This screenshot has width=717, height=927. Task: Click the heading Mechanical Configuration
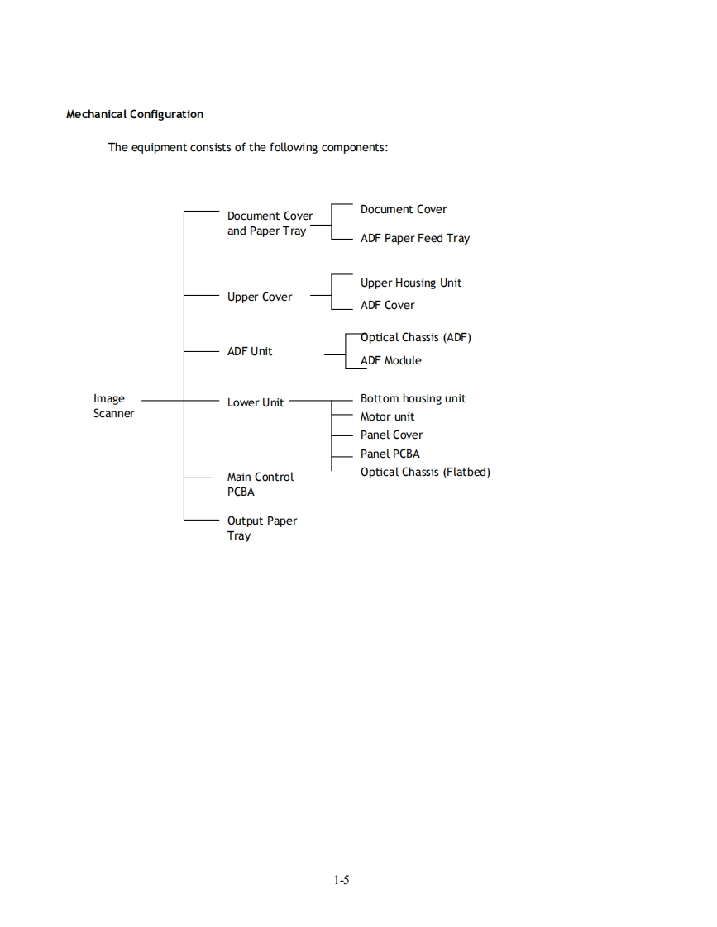[135, 114]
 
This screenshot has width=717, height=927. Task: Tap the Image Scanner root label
[113, 406]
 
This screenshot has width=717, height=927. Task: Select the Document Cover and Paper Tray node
[270, 223]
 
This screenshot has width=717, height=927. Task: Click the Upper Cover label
[260, 297]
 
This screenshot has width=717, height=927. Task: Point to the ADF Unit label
[250, 351]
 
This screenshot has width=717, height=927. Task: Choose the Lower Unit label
[256, 402]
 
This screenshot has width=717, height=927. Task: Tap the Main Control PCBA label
[260, 484]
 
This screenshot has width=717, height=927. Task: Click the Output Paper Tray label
[261, 528]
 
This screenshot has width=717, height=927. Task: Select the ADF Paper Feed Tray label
[414, 238]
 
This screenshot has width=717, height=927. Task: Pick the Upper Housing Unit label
[411, 283]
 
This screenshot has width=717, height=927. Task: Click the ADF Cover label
[387, 305]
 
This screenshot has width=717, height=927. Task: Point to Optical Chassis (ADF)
[415, 337]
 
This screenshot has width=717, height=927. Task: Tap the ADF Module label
[390, 360]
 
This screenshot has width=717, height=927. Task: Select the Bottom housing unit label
[413, 398]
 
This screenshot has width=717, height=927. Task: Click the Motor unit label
[387, 416]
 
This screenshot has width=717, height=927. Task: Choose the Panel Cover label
[391, 435]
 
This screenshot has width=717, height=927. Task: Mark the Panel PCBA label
[390, 454]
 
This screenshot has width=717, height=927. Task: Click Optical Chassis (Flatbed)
[425, 472]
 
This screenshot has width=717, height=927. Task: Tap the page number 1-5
[342, 880]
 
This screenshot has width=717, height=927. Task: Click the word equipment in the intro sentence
[160, 148]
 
